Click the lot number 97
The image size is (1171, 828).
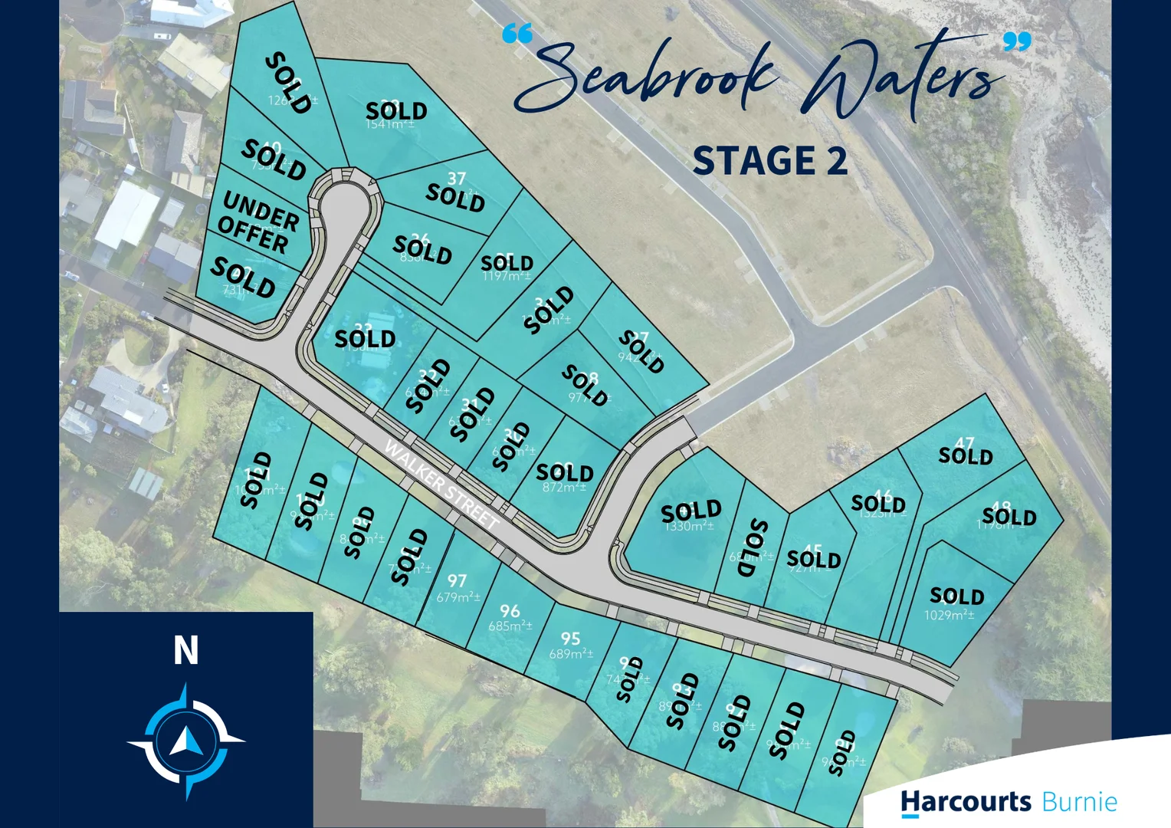click(x=458, y=580)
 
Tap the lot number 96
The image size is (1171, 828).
click(x=510, y=610)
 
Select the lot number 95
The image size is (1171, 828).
click(x=570, y=639)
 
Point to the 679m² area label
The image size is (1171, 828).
click(x=458, y=597)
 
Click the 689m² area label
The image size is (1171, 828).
click(x=571, y=654)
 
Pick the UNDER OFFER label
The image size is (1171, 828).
click(x=257, y=222)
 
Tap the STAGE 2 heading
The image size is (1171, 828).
click(x=770, y=161)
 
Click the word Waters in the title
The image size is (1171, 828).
click(x=904, y=77)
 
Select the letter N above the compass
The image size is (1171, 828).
click(x=186, y=651)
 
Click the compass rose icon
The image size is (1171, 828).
click(x=186, y=741)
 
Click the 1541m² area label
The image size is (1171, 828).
click(x=391, y=124)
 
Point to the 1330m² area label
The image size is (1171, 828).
click(x=689, y=527)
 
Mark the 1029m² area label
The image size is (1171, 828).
click(x=949, y=615)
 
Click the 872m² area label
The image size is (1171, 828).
click(x=564, y=488)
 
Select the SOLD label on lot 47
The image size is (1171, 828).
click(x=966, y=456)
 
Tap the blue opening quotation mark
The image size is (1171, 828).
click(x=517, y=34)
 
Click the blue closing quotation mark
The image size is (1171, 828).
click(x=1018, y=41)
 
